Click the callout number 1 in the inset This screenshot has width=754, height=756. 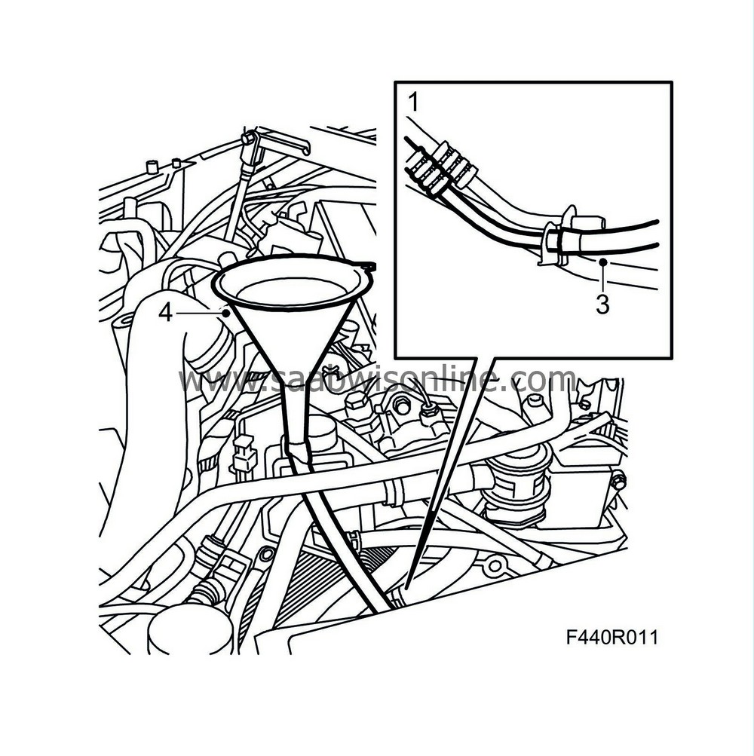click(413, 103)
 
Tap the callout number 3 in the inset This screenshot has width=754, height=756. click(602, 305)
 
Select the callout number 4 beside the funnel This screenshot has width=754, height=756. click(165, 314)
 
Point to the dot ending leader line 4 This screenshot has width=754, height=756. click(225, 314)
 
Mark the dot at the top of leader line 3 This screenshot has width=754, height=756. click(602, 262)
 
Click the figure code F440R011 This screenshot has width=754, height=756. click(611, 638)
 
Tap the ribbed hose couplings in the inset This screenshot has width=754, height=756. click(439, 169)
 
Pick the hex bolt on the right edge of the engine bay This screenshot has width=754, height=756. click(618, 481)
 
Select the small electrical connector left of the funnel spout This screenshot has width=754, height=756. click(244, 454)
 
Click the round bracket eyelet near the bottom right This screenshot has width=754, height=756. click(495, 566)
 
